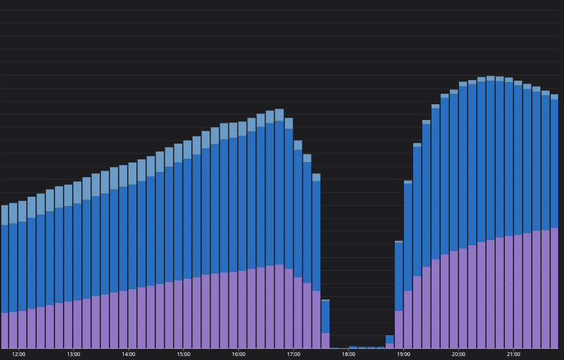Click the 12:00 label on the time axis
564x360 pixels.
18,355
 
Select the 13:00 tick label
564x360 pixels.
73,355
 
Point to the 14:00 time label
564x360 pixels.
129,355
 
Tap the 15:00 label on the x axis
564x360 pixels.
184,355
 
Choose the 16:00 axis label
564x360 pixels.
239,355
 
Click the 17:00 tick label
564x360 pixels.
294,355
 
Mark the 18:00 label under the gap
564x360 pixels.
348,355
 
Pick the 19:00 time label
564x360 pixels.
403,355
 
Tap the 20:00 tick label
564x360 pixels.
458,355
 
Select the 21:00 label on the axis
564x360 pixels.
514,355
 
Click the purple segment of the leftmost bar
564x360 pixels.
5,330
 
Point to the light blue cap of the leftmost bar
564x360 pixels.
5,215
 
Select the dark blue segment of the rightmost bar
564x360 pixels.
554,164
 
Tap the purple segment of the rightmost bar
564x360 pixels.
554,289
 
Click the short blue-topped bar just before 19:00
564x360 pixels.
390,341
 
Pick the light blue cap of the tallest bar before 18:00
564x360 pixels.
279,115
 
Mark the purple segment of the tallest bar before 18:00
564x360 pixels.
279,306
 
